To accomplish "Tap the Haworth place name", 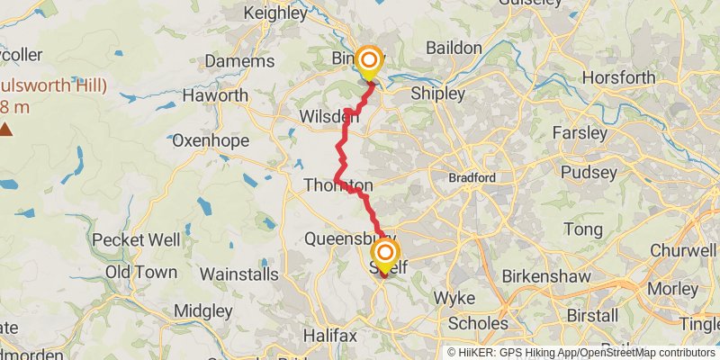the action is tap(215, 94).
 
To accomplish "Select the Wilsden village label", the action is tap(330, 116).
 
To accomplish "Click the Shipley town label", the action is tap(437, 94).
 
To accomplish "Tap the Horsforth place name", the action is tap(619, 77).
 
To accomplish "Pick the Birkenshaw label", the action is tap(542, 274).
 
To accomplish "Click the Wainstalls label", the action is tap(238, 273).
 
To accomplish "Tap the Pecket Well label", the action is tap(137, 240).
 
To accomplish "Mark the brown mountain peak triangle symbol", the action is tap(6, 130).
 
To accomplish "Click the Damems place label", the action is tap(239, 61).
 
